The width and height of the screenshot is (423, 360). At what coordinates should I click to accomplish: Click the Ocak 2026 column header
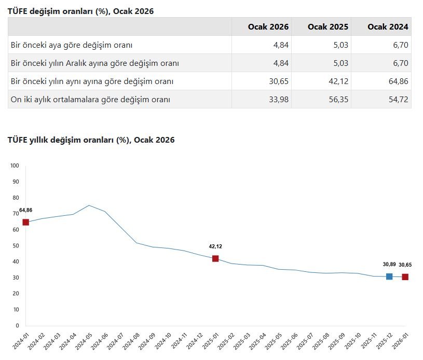coord(268,27)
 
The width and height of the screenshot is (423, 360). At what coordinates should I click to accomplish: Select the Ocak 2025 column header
coord(328,27)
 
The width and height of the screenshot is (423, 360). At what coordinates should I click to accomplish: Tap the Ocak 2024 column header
coord(388,27)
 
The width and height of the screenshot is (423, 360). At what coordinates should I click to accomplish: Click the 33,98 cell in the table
coord(278,100)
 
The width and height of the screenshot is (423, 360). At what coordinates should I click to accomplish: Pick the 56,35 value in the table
coord(338,100)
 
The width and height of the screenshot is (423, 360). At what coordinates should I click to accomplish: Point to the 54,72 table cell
coord(398,100)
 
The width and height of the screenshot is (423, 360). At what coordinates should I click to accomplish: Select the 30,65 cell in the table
coord(278,81)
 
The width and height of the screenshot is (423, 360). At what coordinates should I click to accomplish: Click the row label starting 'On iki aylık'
coord(90,100)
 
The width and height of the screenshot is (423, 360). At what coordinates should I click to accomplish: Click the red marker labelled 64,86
coord(25,223)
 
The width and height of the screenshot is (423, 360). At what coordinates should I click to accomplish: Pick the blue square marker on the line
coord(389,276)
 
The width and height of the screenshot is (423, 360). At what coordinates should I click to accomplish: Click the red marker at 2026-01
coord(405,277)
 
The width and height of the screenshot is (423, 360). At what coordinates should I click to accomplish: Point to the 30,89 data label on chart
coord(389,265)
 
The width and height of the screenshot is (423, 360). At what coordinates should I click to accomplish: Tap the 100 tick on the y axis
coord(15,166)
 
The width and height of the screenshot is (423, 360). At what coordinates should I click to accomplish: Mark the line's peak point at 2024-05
coord(89,205)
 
